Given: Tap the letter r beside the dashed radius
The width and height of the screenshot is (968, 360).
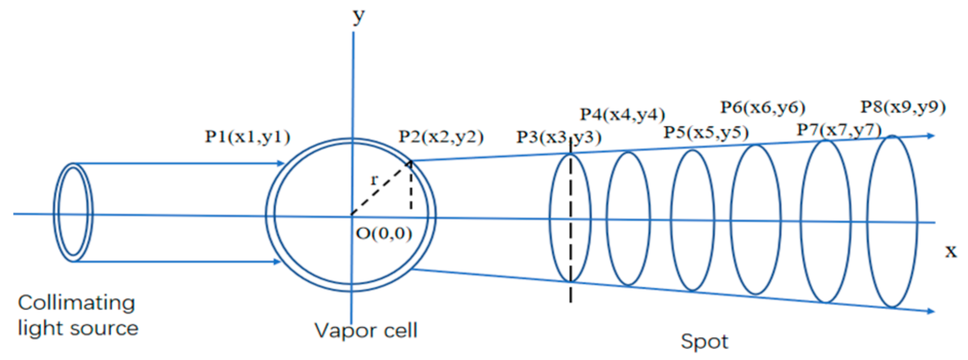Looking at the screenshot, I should (374, 180).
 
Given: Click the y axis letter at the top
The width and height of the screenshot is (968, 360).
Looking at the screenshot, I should (359, 16).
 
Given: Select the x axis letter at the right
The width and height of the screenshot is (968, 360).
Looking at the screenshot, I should (951, 251).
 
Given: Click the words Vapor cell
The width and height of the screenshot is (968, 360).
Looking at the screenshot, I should (366, 330).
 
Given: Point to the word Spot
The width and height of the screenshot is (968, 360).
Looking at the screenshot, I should (704, 342).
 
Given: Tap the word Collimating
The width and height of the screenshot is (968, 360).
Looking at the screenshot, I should (76, 303).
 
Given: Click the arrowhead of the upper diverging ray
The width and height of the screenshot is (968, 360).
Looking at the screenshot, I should (930, 136).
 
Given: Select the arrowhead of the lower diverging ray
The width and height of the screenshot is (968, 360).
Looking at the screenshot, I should (930, 311).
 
